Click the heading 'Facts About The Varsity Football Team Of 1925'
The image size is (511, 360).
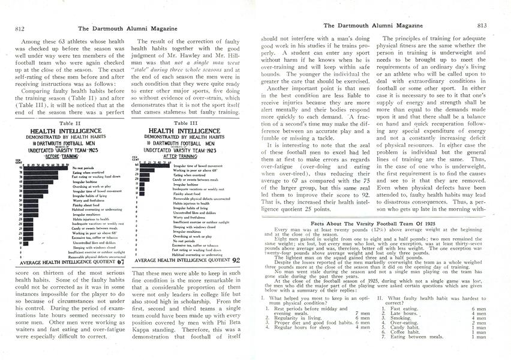(x=375, y=223)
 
